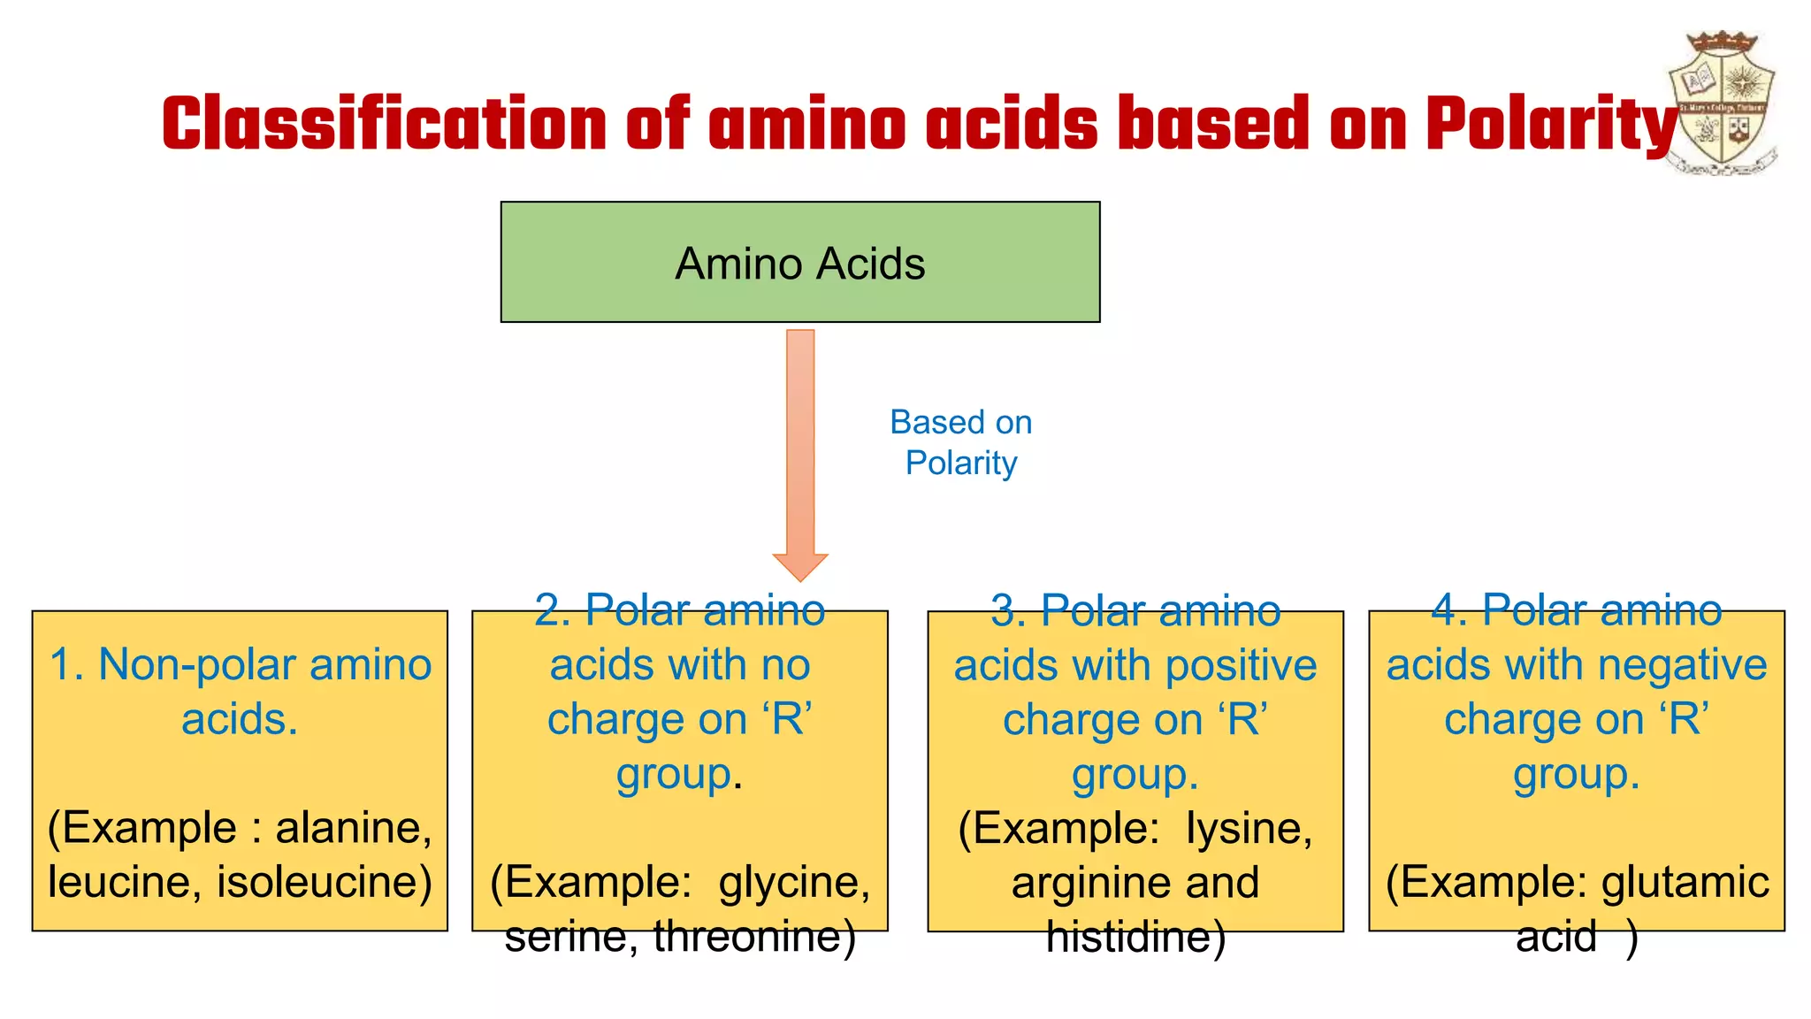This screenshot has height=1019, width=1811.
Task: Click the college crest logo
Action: click(x=1723, y=102)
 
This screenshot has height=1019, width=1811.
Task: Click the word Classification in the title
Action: click(x=384, y=124)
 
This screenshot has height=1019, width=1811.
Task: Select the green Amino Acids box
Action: click(x=799, y=262)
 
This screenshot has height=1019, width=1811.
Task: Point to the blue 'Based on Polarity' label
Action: click(x=961, y=442)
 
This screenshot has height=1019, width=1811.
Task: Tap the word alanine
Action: click(x=353, y=828)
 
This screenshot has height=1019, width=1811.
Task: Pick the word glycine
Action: click(x=793, y=882)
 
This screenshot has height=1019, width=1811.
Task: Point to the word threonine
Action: click(x=753, y=936)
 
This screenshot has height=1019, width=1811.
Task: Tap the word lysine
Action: click(x=1249, y=828)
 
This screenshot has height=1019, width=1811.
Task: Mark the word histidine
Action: click(x=1135, y=937)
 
